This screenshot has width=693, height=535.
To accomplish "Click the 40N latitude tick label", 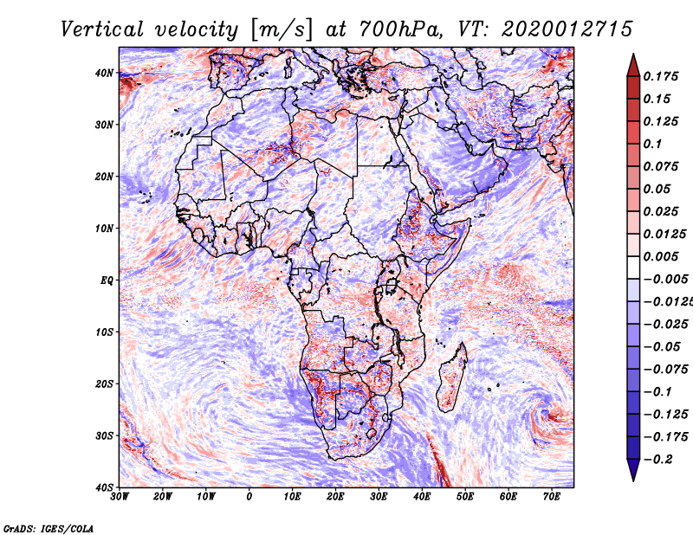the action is [x=104, y=73].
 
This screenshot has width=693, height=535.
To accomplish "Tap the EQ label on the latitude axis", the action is [x=107, y=280].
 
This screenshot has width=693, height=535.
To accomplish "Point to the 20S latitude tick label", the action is [x=104, y=384].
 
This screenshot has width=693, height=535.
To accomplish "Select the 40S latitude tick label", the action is [x=104, y=487].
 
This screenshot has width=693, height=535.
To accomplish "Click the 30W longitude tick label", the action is [x=120, y=497].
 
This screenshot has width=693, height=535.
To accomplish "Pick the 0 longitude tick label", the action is [x=249, y=497].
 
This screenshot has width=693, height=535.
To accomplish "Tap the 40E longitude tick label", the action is [x=422, y=497].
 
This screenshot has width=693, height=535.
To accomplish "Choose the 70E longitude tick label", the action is [x=552, y=497].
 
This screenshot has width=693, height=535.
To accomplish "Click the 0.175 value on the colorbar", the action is [x=660, y=76].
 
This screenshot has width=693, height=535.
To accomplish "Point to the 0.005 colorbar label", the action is [x=660, y=256].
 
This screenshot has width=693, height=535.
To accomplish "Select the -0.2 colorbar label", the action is [x=658, y=459].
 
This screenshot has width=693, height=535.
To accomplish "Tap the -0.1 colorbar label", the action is [x=658, y=391].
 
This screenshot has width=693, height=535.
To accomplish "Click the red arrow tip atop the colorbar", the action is [x=633, y=55].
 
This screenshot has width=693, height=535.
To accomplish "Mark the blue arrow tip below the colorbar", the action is [x=633, y=480].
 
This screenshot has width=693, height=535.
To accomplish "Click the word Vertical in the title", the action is [x=102, y=29].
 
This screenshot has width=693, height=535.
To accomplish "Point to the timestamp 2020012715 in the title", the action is [x=567, y=29].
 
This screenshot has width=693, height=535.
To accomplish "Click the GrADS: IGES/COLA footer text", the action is [x=49, y=528].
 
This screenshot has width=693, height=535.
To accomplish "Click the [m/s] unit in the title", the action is [x=282, y=29].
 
